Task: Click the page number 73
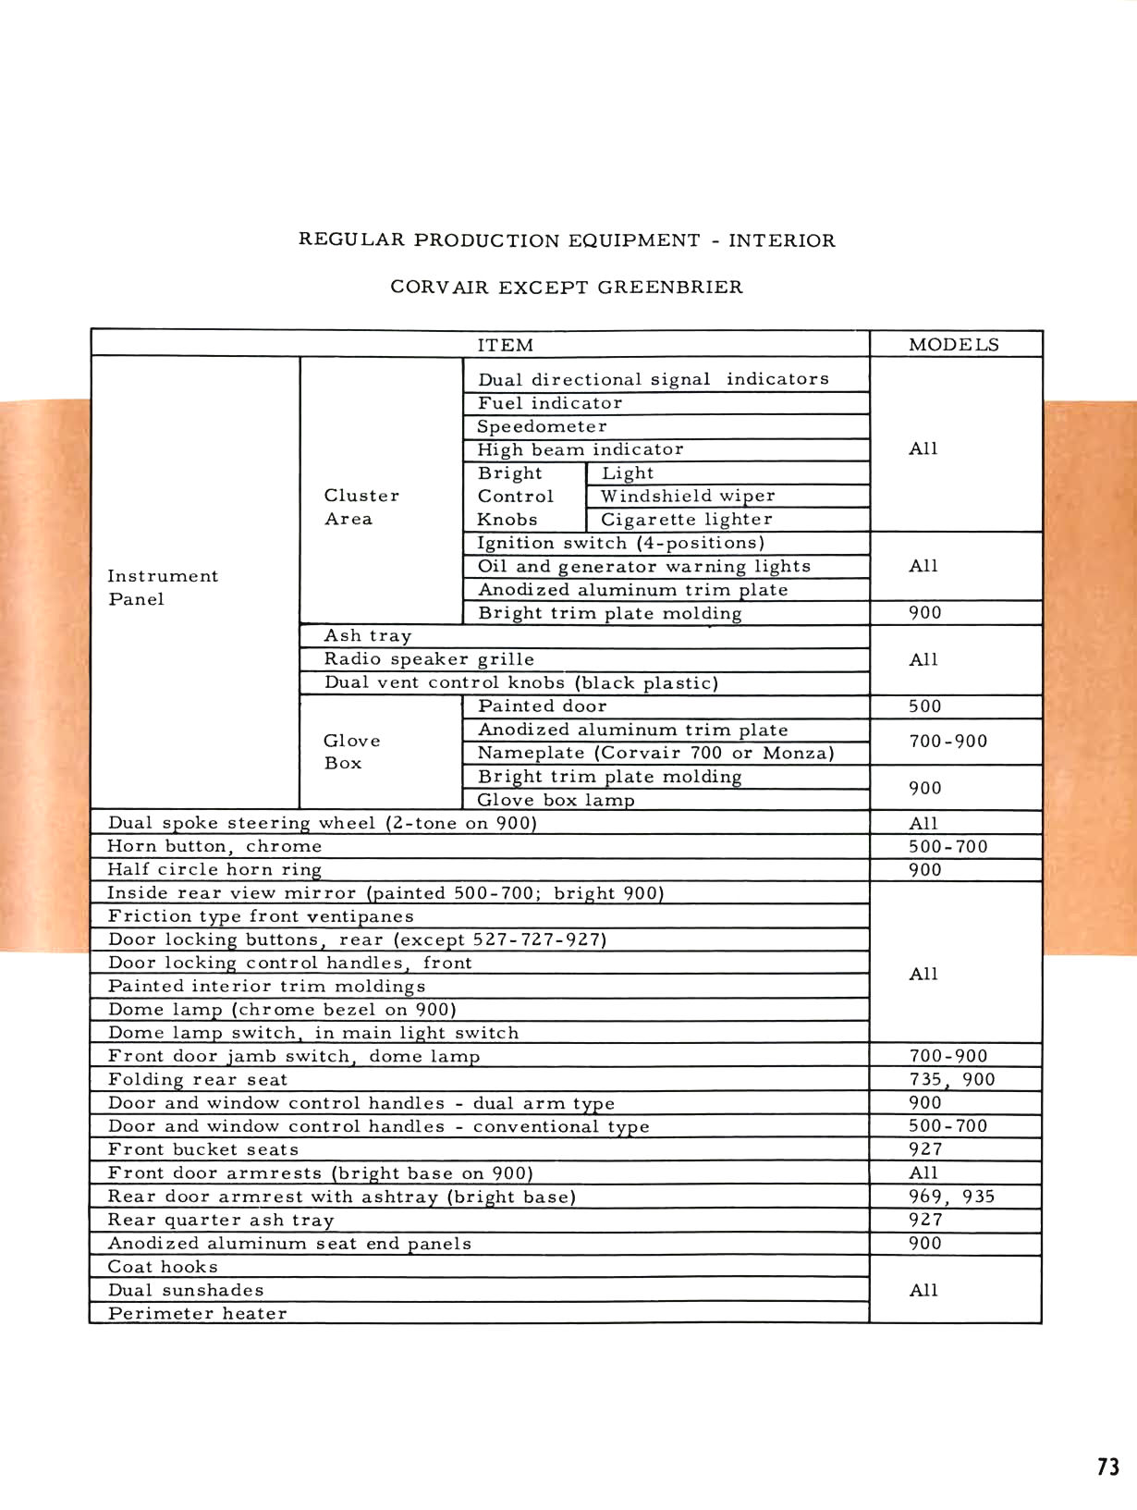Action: [1108, 1467]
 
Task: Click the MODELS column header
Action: [953, 345]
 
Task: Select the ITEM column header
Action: [505, 345]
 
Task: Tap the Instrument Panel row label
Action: [163, 587]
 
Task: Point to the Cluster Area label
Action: [361, 507]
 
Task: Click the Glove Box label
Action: [351, 752]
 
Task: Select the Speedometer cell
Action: [542, 426]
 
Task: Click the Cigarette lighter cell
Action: [686, 520]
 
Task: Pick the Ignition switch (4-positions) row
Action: [620, 543]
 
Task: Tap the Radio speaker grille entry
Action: [429, 659]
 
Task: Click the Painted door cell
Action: [542, 706]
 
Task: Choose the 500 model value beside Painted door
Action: [924, 706]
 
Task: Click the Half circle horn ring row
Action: [214, 869]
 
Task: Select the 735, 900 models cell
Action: [951, 1079]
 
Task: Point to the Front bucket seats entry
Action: [203, 1149]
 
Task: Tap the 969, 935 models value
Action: [951, 1197]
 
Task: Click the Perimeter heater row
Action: [197, 1313]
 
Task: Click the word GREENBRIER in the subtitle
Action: [670, 287]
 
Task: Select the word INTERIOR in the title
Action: [782, 240]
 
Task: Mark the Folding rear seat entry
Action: [198, 1079]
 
